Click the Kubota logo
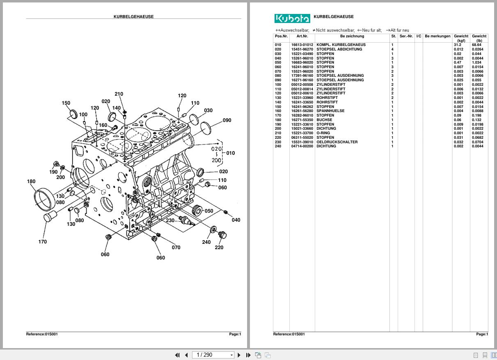[292, 18]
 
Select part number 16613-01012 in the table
[302, 45]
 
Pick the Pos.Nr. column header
[281, 36]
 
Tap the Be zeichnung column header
[352, 36]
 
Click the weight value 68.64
[476, 45]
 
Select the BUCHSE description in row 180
[324, 120]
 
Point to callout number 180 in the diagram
[31, 181]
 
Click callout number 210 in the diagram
[119, 94]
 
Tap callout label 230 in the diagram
[170, 220]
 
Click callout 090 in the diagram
[227, 120]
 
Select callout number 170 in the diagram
[43, 242]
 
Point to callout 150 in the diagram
[66, 103]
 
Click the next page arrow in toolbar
[239, 355]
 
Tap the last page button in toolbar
[248, 355]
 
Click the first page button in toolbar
[177, 355]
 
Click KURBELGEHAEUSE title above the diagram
[133, 17]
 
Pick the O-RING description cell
[323, 133]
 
